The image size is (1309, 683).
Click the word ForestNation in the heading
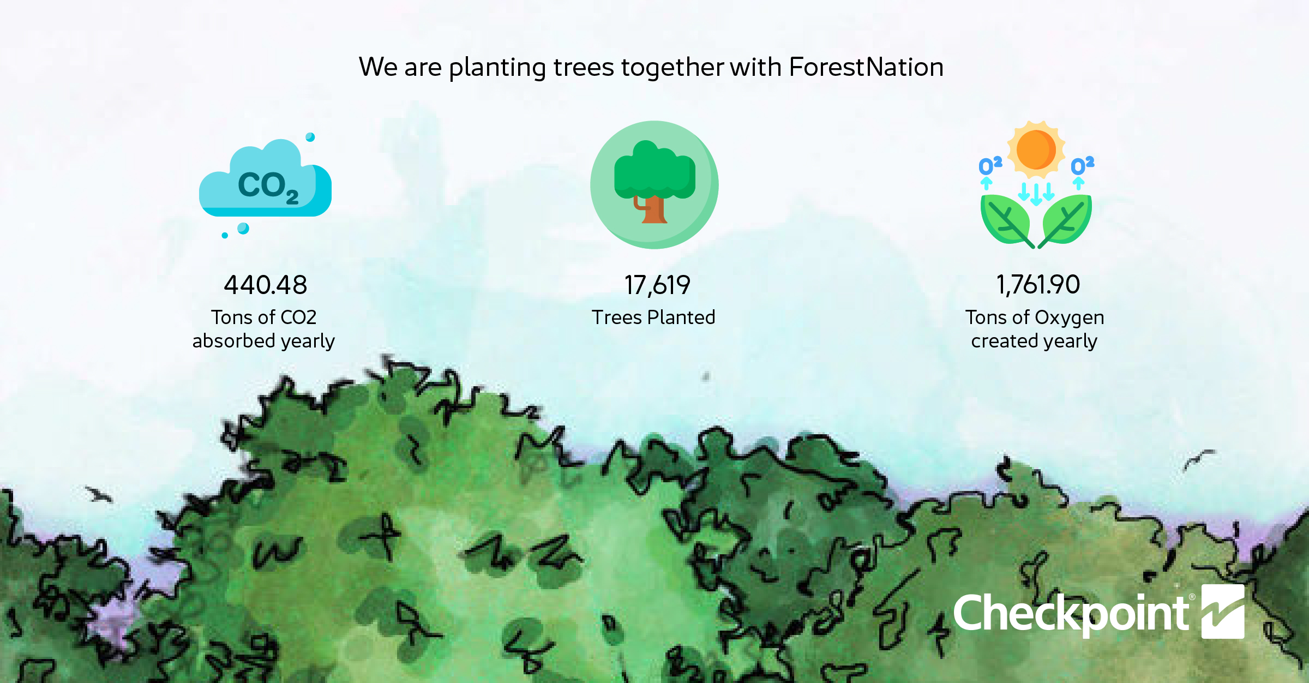coord(866,67)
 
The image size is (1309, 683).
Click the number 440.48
coord(266,285)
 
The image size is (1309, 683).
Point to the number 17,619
coord(657,285)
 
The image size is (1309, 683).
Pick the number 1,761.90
coord(1038,285)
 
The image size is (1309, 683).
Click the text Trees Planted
coord(653,317)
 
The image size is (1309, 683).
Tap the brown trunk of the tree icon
coord(653,210)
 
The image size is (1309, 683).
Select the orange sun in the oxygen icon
coord(1036,149)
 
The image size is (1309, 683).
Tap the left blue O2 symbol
coord(990,165)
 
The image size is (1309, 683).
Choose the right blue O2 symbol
coord(1083,165)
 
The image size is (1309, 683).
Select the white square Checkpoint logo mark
coord(1223,612)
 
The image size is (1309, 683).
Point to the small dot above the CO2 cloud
coord(310,137)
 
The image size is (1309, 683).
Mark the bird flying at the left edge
coord(99,494)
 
